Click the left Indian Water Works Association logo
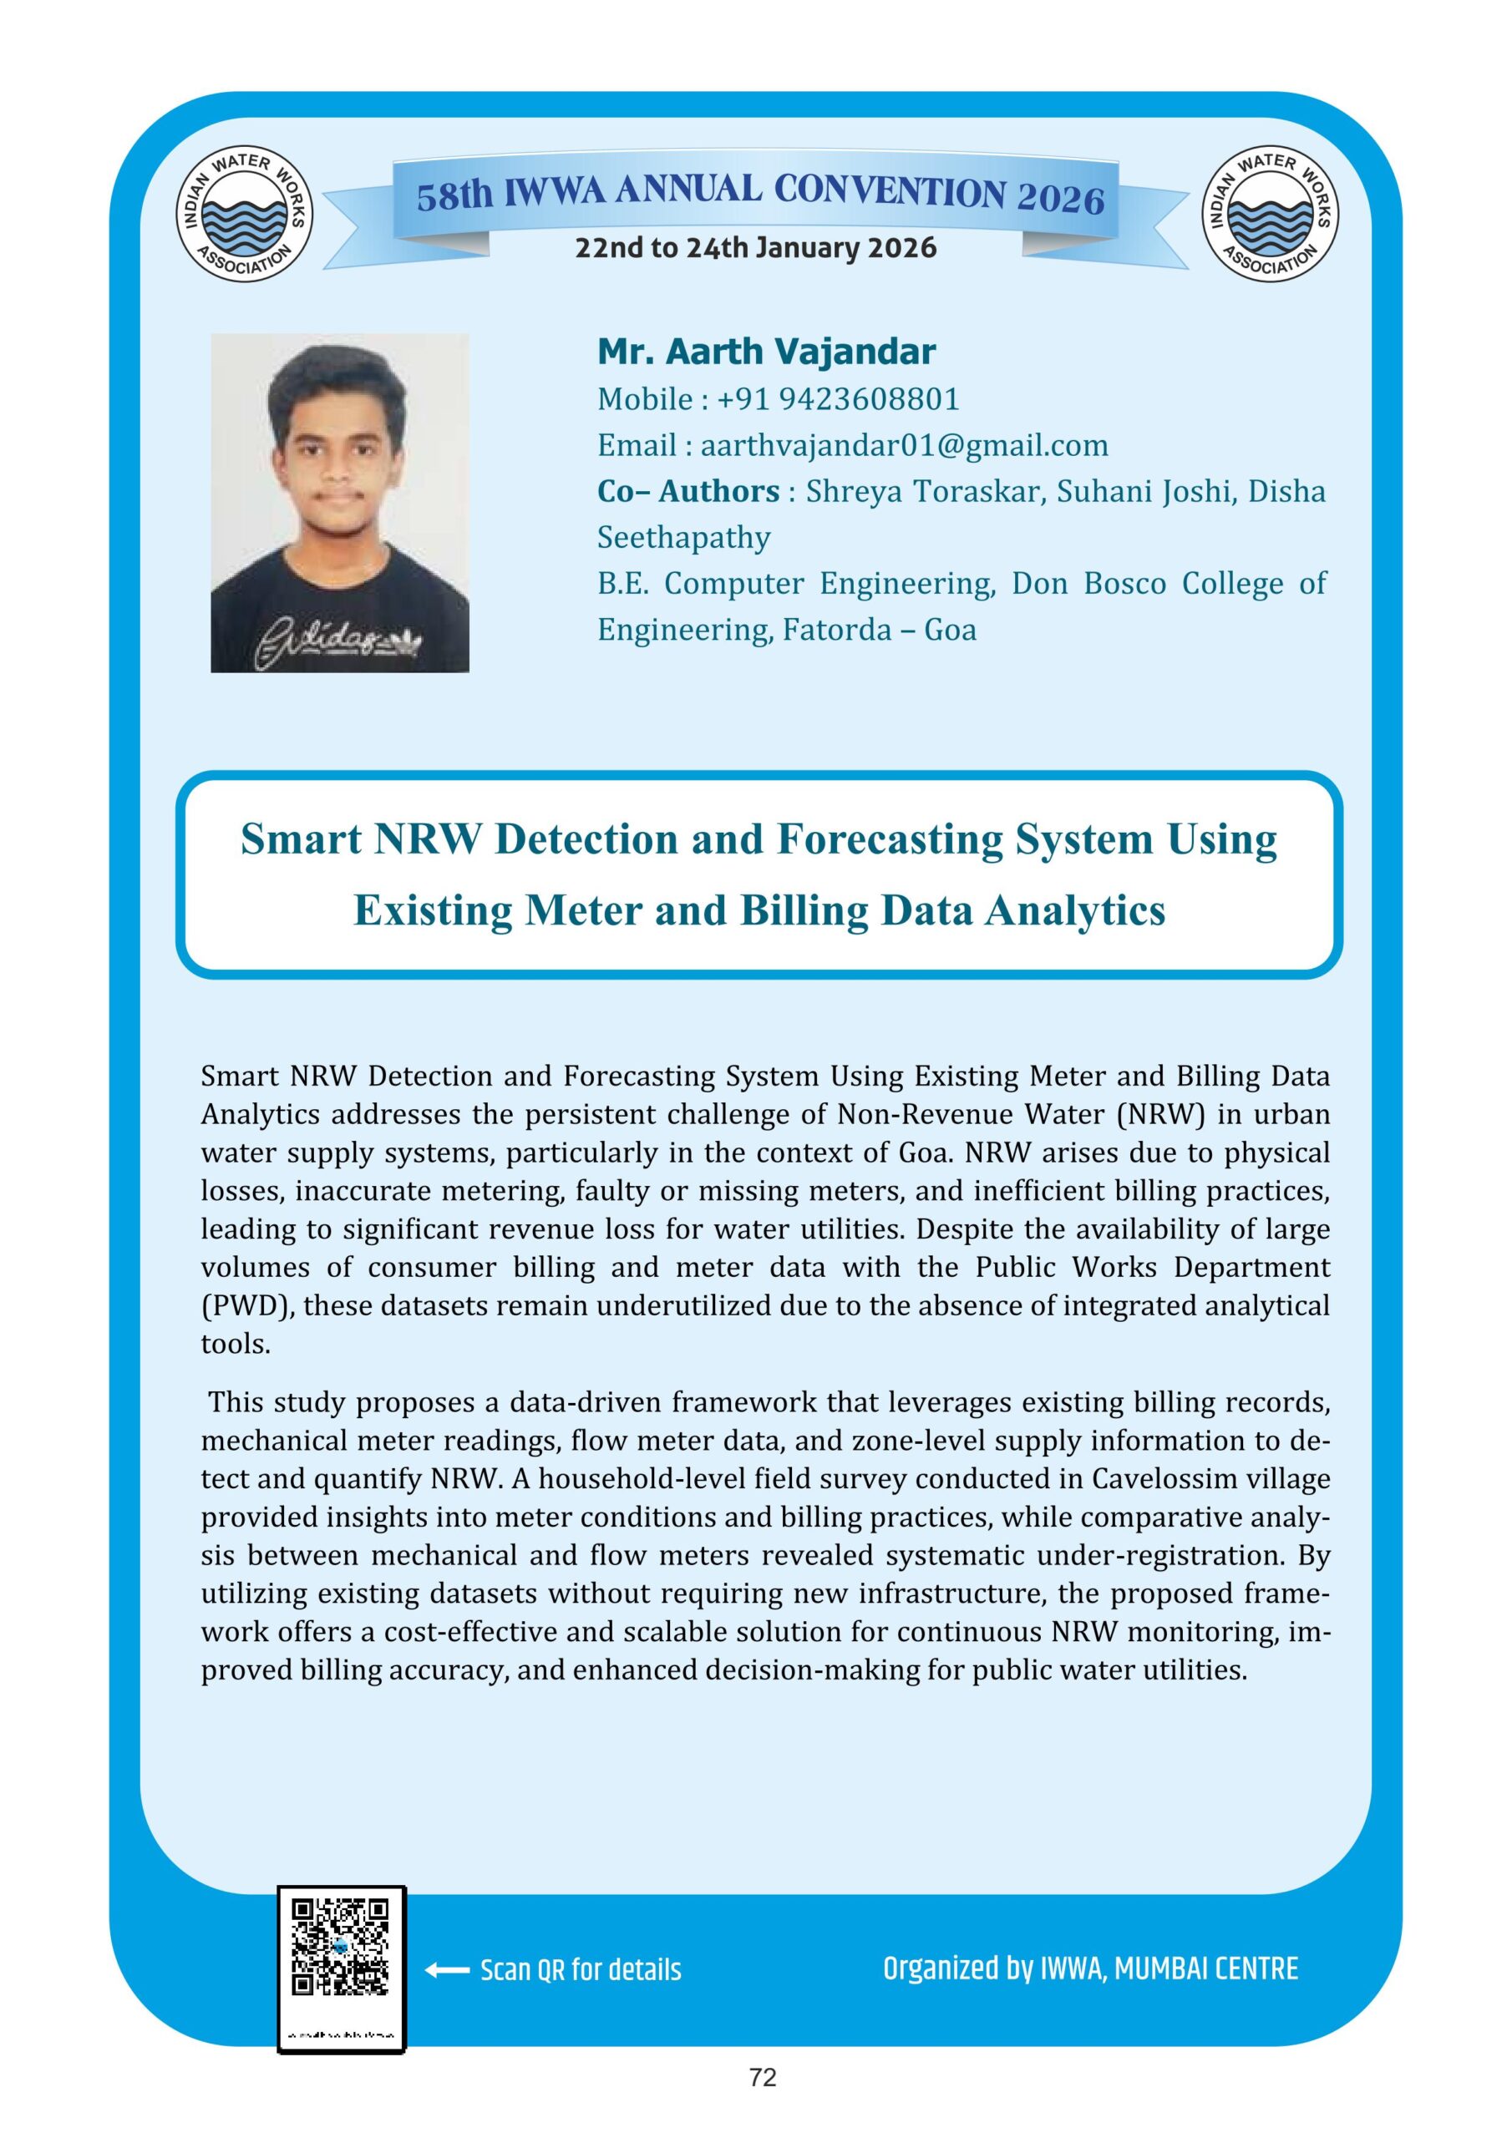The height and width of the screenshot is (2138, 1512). pos(244,214)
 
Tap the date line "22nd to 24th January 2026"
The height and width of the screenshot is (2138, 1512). pos(755,249)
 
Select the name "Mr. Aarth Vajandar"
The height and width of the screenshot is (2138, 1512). pos(766,352)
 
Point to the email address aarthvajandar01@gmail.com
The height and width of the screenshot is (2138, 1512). pos(904,446)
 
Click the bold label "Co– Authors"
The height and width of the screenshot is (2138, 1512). pos(688,492)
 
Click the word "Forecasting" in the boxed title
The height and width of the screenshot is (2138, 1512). pos(890,839)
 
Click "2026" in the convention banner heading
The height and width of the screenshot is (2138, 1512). pos(1059,197)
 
